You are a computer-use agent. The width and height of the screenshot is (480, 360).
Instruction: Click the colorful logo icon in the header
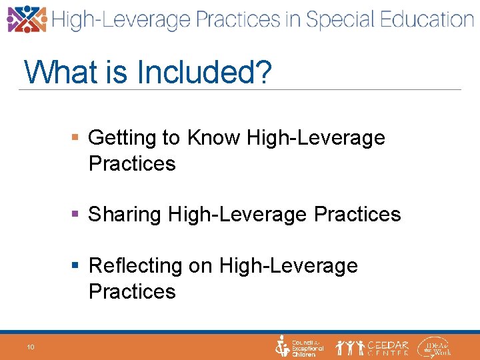(x=27, y=19)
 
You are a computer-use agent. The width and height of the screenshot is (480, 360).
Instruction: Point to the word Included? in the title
(x=205, y=72)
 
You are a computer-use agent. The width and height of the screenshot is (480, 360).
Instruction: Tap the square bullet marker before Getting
(x=75, y=138)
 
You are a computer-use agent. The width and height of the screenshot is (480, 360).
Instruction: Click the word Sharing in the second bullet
(x=126, y=214)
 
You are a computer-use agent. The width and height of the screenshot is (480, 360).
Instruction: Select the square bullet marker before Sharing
(x=75, y=214)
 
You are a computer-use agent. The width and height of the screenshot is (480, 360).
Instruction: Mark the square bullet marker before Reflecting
(x=75, y=265)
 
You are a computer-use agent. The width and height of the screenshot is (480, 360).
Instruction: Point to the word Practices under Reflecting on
(x=132, y=291)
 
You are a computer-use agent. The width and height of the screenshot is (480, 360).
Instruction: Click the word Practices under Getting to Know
(x=132, y=163)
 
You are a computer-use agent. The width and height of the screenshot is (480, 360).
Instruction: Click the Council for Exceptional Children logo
(x=300, y=347)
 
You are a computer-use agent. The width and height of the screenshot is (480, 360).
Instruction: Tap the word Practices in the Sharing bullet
(x=357, y=214)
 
